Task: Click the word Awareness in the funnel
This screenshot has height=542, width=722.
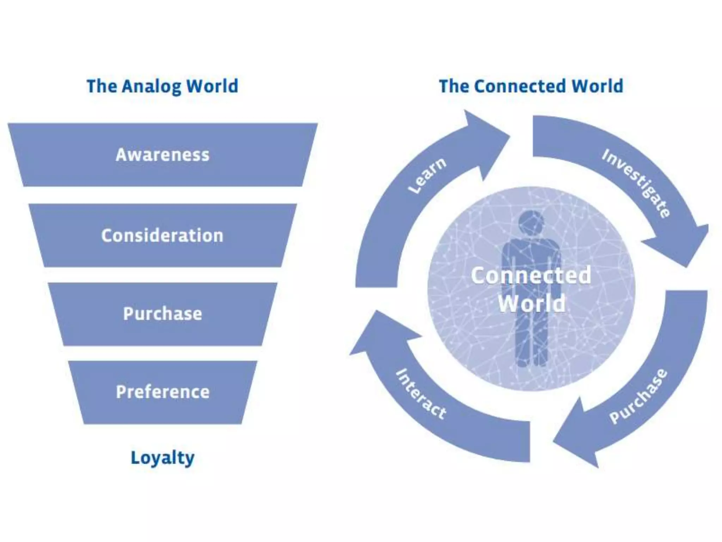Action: (163, 155)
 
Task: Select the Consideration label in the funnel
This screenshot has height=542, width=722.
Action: (163, 235)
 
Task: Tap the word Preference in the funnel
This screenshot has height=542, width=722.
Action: (163, 392)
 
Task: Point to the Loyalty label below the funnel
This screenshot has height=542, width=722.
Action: (163, 458)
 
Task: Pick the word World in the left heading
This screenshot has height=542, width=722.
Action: (212, 86)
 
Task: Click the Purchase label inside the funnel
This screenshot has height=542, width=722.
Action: (163, 314)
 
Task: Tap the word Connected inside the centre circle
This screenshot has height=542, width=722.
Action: (531, 275)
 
